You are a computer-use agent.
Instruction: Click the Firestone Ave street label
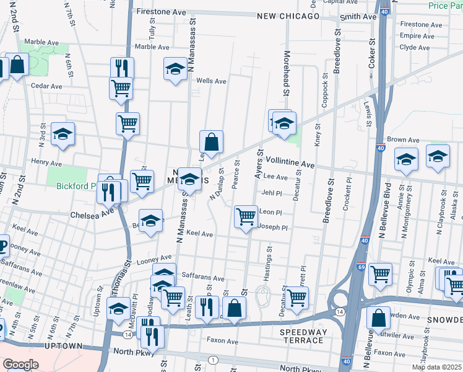pos(161,12)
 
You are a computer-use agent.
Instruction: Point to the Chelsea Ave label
pos(96,211)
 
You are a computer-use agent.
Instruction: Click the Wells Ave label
pos(211,81)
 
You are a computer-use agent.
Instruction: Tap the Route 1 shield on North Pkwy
pos(214,360)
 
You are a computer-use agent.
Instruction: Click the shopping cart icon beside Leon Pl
pos(246,216)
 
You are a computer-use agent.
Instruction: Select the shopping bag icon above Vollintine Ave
pos(211,141)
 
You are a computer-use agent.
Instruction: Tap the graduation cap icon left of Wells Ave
pos(175,69)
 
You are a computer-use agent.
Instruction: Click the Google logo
pos(20,365)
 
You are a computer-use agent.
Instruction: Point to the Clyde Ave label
pos(415,47)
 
